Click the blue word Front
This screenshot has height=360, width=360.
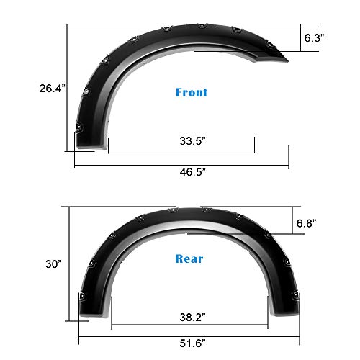click(x=192, y=93)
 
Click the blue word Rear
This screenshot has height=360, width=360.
click(x=189, y=258)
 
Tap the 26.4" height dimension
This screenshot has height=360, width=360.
click(x=53, y=89)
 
